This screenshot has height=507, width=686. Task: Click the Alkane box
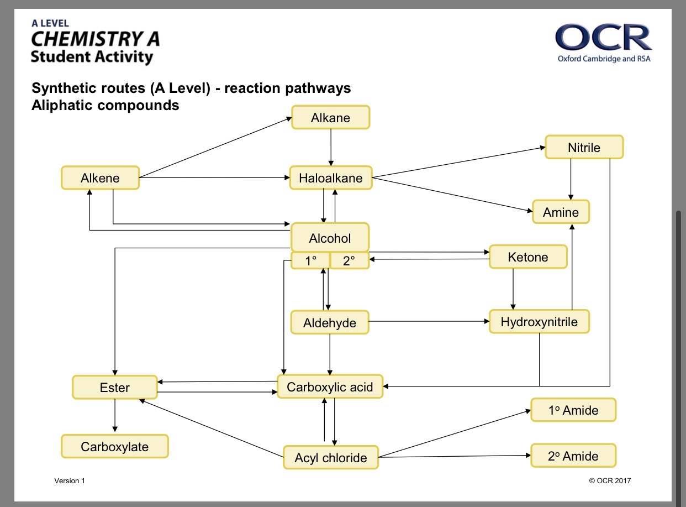coord(331,117)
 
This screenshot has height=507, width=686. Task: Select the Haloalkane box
coord(331,178)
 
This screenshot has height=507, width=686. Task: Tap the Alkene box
coord(100,178)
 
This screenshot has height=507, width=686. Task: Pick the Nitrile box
coord(584,147)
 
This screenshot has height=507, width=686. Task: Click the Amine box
coord(561,212)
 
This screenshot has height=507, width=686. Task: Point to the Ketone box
coord(528,257)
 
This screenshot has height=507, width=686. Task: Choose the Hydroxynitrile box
coord(539,321)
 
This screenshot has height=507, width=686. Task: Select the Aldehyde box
coord(330,322)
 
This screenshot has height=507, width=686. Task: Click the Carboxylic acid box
coord(330,386)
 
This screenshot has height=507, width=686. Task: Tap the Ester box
coord(115,387)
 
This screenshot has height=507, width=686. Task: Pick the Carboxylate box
coord(115,446)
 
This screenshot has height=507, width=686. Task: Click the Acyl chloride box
coord(331,457)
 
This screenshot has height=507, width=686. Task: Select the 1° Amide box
coord(573,410)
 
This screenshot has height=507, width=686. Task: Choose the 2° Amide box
coord(573,456)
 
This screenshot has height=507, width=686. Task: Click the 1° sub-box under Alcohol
coord(310,260)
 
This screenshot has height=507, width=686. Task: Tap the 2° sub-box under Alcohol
coord(350,260)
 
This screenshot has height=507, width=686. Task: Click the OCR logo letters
coord(603,37)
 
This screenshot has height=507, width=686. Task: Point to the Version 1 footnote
coord(70,480)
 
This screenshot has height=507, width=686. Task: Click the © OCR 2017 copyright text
coord(610,480)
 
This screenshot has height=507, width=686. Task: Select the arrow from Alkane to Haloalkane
coord(331,148)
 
